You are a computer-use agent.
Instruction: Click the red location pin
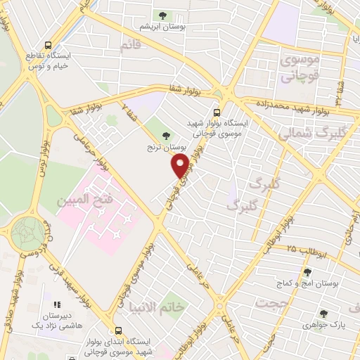(181, 165)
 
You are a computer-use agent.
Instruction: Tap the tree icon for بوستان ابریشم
(162, 15)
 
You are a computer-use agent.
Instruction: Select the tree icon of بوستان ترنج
(166, 136)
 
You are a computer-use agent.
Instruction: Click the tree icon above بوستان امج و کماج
(306, 271)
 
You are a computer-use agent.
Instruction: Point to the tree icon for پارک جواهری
(323, 314)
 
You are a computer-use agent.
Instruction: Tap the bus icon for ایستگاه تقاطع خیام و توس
(48, 44)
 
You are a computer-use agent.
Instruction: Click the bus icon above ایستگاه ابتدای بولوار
(117, 329)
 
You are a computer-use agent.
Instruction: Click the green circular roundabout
(28, 231)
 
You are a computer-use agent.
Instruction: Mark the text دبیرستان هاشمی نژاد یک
(56, 323)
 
